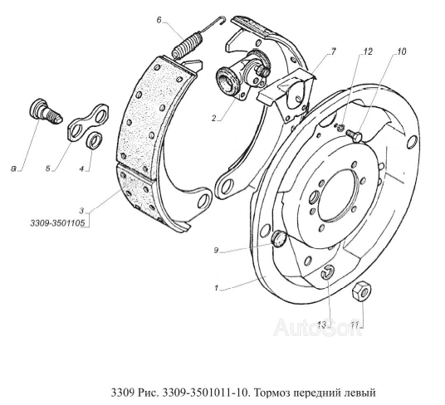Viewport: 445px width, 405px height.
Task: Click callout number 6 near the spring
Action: click(x=159, y=20)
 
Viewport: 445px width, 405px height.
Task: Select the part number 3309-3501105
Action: click(x=57, y=223)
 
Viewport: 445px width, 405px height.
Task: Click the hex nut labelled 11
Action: click(x=363, y=291)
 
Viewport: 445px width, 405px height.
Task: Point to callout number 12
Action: click(x=367, y=52)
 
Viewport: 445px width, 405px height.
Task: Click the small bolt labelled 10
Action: click(x=355, y=135)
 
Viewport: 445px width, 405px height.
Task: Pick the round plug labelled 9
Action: click(x=280, y=239)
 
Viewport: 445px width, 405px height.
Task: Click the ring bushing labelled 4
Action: click(x=94, y=141)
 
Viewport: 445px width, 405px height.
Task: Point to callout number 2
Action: click(x=214, y=118)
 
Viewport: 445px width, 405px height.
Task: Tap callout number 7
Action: click(x=333, y=51)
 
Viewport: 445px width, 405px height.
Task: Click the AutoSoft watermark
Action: click(x=318, y=327)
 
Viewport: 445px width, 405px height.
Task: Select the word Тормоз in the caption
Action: click(x=271, y=393)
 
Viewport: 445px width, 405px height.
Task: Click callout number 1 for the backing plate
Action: click(x=216, y=289)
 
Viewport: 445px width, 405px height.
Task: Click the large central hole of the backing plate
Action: click(x=337, y=195)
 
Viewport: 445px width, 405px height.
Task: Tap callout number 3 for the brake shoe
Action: click(x=81, y=211)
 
